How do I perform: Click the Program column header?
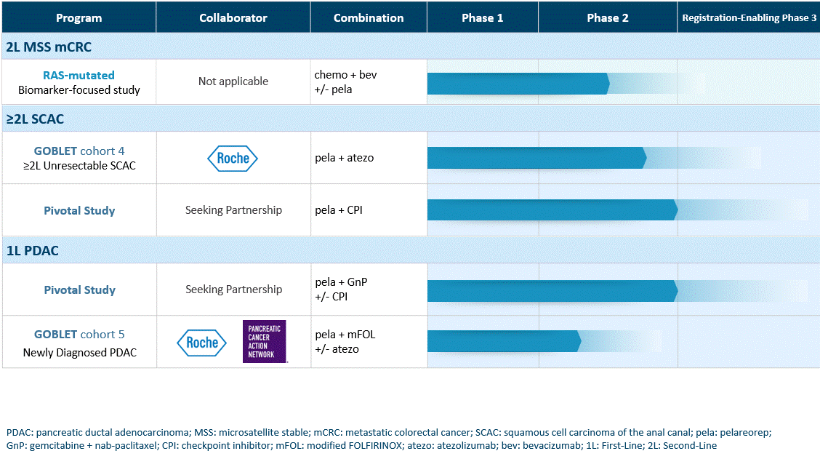[x=79, y=17]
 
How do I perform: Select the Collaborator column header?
[x=233, y=17]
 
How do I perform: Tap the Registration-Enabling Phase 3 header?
[x=749, y=17]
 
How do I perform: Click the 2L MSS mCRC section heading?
[x=49, y=47]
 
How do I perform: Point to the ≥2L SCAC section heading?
[x=35, y=119]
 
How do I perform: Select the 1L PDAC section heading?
[x=33, y=251]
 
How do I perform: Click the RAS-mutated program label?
[x=79, y=76]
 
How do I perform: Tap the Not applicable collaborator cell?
[x=233, y=81]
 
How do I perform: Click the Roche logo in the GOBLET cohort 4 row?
[x=233, y=158]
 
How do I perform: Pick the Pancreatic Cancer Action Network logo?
[x=264, y=341]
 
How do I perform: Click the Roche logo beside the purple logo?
[x=202, y=343]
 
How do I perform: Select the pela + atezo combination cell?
[x=344, y=158]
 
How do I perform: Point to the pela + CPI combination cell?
[x=338, y=210]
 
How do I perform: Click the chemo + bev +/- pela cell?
[x=346, y=82]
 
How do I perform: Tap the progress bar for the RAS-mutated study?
[x=518, y=84]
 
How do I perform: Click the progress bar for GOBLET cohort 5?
[x=504, y=341]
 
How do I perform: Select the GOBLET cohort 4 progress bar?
[x=537, y=158]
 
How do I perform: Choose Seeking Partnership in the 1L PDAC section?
[x=234, y=290]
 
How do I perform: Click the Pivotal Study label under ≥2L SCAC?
[x=79, y=210]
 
